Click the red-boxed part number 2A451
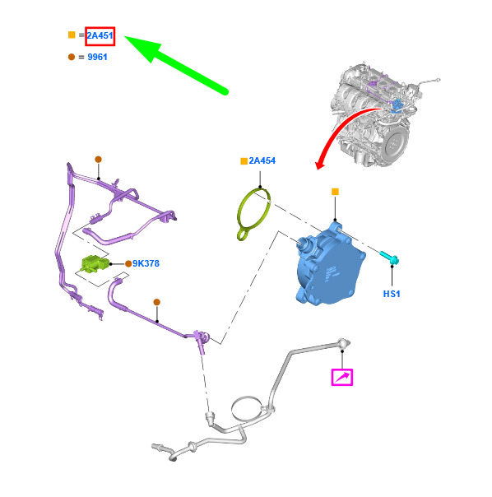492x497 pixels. [x=100, y=36]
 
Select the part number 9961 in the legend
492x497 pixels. [x=97, y=57]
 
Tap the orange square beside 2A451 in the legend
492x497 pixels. [x=72, y=35]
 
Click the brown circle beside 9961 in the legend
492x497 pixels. [x=72, y=57]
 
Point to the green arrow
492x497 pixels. [x=176, y=65]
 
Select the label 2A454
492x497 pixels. [x=262, y=160]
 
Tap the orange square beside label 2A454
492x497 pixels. [x=244, y=161]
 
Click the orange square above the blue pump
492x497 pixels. [x=335, y=192]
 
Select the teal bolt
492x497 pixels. [x=389, y=258]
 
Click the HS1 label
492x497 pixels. [x=392, y=294]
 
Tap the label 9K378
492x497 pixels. [x=146, y=263]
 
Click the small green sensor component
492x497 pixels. [x=95, y=263]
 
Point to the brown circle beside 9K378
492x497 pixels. [x=128, y=263]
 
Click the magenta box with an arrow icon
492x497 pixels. [x=342, y=377]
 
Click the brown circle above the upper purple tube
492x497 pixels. [x=98, y=159]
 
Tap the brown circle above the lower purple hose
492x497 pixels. [x=156, y=302]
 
